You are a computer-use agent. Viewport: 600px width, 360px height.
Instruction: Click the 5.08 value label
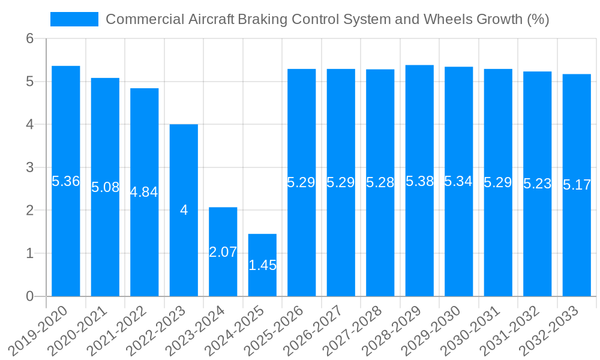click(106, 187)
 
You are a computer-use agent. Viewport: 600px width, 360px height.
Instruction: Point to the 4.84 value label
click(144, 192)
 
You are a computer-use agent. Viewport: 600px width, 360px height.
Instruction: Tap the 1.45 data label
click(262, 265)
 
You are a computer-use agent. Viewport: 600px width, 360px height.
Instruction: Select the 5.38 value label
click(419, 181)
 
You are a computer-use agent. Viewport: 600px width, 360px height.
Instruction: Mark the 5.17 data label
click(577, 185)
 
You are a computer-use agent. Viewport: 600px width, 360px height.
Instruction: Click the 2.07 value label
click(223, 252)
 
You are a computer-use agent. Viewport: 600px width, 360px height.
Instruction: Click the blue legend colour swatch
click(74, 19)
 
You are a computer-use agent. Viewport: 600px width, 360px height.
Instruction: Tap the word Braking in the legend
click(262, 19)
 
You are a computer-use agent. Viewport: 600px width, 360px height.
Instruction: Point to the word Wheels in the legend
click(448, 19)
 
